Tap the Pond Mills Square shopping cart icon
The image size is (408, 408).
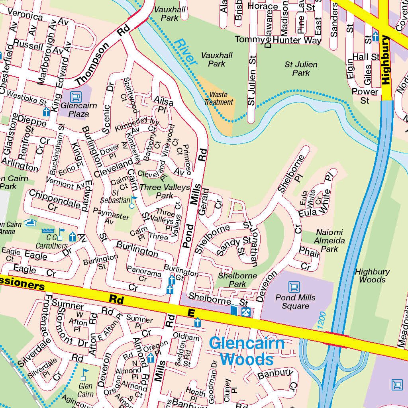pyautogui.click(x=294, y=287)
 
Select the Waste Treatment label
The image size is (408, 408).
pyautogui.click(x=218, y=98)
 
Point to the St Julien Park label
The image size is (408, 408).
pyautogui.click(x=301, y=69)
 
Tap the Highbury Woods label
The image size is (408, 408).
pyautogui.click(x=372, y=276)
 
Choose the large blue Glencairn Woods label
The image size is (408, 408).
pyautogui.click(x=247, y=351)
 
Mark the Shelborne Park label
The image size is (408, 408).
pyautogui.click(x=237, y=280)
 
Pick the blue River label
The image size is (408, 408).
pyautogui.click(x=186, y=52)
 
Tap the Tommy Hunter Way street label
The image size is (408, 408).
pyautogui.click(x=278, y=40)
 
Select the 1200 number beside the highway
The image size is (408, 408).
pyautogui.click(x=322, y=320)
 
